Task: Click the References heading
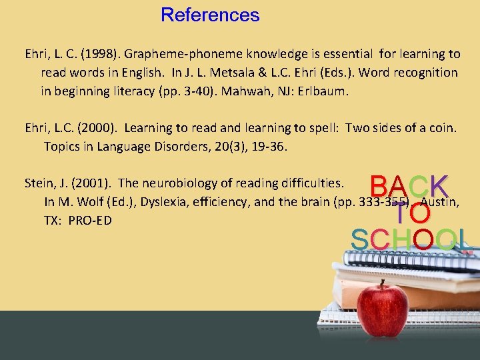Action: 210,15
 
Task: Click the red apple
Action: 382,308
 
